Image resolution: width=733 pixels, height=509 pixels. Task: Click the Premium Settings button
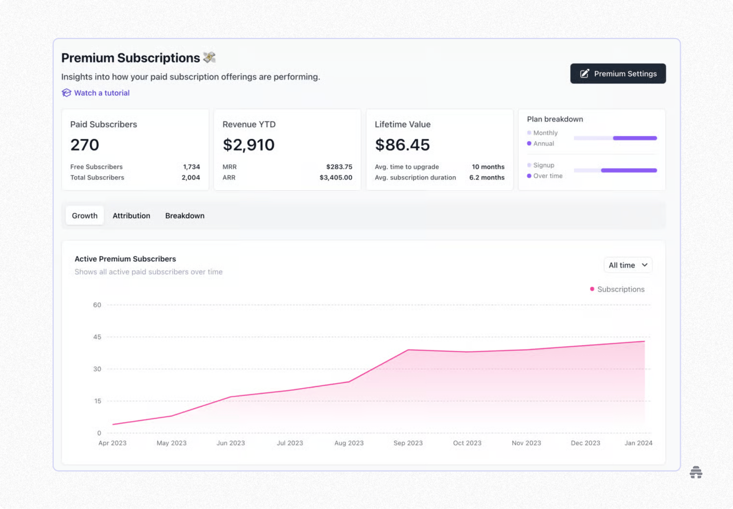618,74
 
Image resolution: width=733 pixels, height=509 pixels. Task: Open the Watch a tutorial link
101,93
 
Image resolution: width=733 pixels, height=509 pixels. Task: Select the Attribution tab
131,216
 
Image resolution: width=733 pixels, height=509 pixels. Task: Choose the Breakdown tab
185,216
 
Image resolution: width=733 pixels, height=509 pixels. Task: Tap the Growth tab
85,216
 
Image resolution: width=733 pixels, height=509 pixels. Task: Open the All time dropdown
628,265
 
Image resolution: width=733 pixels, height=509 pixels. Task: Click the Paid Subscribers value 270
85,145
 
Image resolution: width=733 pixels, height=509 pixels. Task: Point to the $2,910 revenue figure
248,145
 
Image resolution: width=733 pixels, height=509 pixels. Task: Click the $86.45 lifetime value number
402,145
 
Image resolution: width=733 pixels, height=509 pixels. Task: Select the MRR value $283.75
339,167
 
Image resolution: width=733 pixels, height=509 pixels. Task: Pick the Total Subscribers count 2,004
191,178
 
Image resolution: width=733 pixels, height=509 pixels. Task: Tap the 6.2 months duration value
487,178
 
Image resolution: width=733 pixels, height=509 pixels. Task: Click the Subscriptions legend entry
620,289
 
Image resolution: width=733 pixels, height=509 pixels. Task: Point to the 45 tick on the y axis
97,337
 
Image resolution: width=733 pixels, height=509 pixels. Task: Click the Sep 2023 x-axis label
408,443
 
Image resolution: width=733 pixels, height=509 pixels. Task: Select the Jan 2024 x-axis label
638,443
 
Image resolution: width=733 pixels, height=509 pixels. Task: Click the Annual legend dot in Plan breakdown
529,143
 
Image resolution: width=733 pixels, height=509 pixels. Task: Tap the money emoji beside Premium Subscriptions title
209,57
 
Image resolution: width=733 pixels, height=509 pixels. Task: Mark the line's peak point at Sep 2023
408,350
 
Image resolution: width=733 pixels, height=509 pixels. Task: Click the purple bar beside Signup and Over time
629,171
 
